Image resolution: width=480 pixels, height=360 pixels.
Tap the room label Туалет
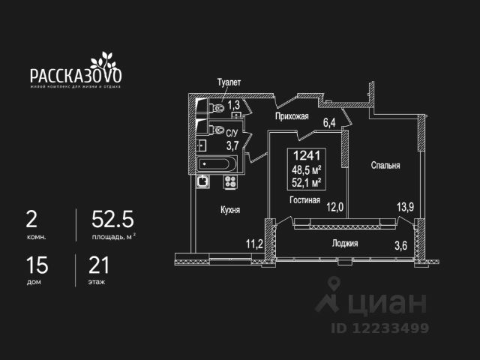point(229,82)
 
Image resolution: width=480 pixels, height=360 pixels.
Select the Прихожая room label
point(292,116)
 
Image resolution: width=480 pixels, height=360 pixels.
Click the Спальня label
point(385,166)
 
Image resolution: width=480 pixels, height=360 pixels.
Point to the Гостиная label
point(305,200)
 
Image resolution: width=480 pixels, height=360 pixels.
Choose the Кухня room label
point(229,211)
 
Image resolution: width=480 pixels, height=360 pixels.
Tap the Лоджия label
point(345,243)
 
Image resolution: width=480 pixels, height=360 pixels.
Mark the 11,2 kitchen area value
point(254,243)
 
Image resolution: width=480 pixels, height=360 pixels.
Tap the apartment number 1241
point(306,156)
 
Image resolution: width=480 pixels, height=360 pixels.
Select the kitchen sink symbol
point(203,180)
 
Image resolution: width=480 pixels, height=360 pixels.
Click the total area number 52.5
point(112,219)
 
